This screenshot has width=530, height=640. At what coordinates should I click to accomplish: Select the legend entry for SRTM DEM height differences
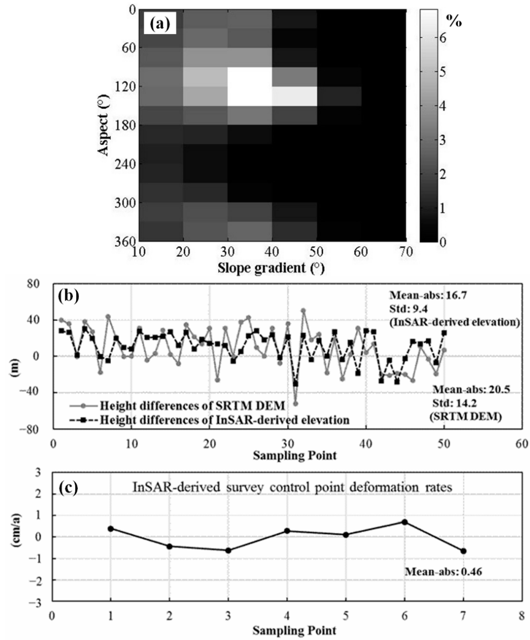[x=192, y=406]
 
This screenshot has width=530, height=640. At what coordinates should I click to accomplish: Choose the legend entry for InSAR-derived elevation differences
[x=224, y=420]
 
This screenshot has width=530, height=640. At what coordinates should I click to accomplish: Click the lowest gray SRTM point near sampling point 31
[x=295, y=404]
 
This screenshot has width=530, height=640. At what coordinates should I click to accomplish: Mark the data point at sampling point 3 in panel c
[x=228, y=550]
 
